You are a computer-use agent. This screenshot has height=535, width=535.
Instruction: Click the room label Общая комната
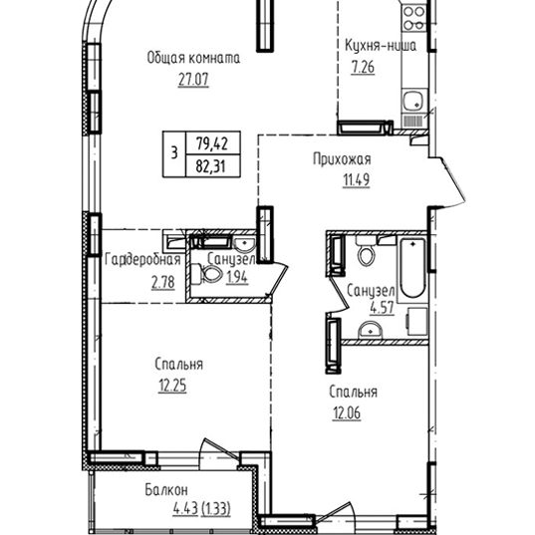(193, 58)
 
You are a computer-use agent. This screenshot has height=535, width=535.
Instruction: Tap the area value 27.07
(193, 80)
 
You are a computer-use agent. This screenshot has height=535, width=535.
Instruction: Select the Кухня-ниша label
(381, 46)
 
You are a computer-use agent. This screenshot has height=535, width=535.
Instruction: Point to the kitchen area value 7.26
(363, 67)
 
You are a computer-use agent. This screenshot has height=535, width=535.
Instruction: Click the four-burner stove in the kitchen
(413, 18)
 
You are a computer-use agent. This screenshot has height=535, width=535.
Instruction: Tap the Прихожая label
(342, 159)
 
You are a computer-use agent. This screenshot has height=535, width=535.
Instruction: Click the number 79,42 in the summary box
(212, 142)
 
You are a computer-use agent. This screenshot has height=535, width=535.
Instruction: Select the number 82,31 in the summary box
(211, 166)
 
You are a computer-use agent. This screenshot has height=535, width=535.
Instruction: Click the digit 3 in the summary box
(174, 153)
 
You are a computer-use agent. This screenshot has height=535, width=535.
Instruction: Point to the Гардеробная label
(142, 260)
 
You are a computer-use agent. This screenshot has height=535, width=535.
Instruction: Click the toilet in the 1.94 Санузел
(205, 274)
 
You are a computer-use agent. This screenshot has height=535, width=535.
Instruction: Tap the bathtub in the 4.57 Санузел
(412, 268)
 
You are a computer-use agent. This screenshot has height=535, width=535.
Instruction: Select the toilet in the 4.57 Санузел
(366, 251)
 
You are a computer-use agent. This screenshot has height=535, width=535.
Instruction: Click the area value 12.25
(172, 386)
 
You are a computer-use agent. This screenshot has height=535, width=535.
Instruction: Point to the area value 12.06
(347, 413)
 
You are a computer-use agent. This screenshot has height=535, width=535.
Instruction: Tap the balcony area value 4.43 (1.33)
(202, 509)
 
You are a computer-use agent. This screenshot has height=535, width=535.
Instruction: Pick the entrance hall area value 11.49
(356, 180)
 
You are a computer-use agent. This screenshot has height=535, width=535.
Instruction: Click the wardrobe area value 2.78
(163, 283)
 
